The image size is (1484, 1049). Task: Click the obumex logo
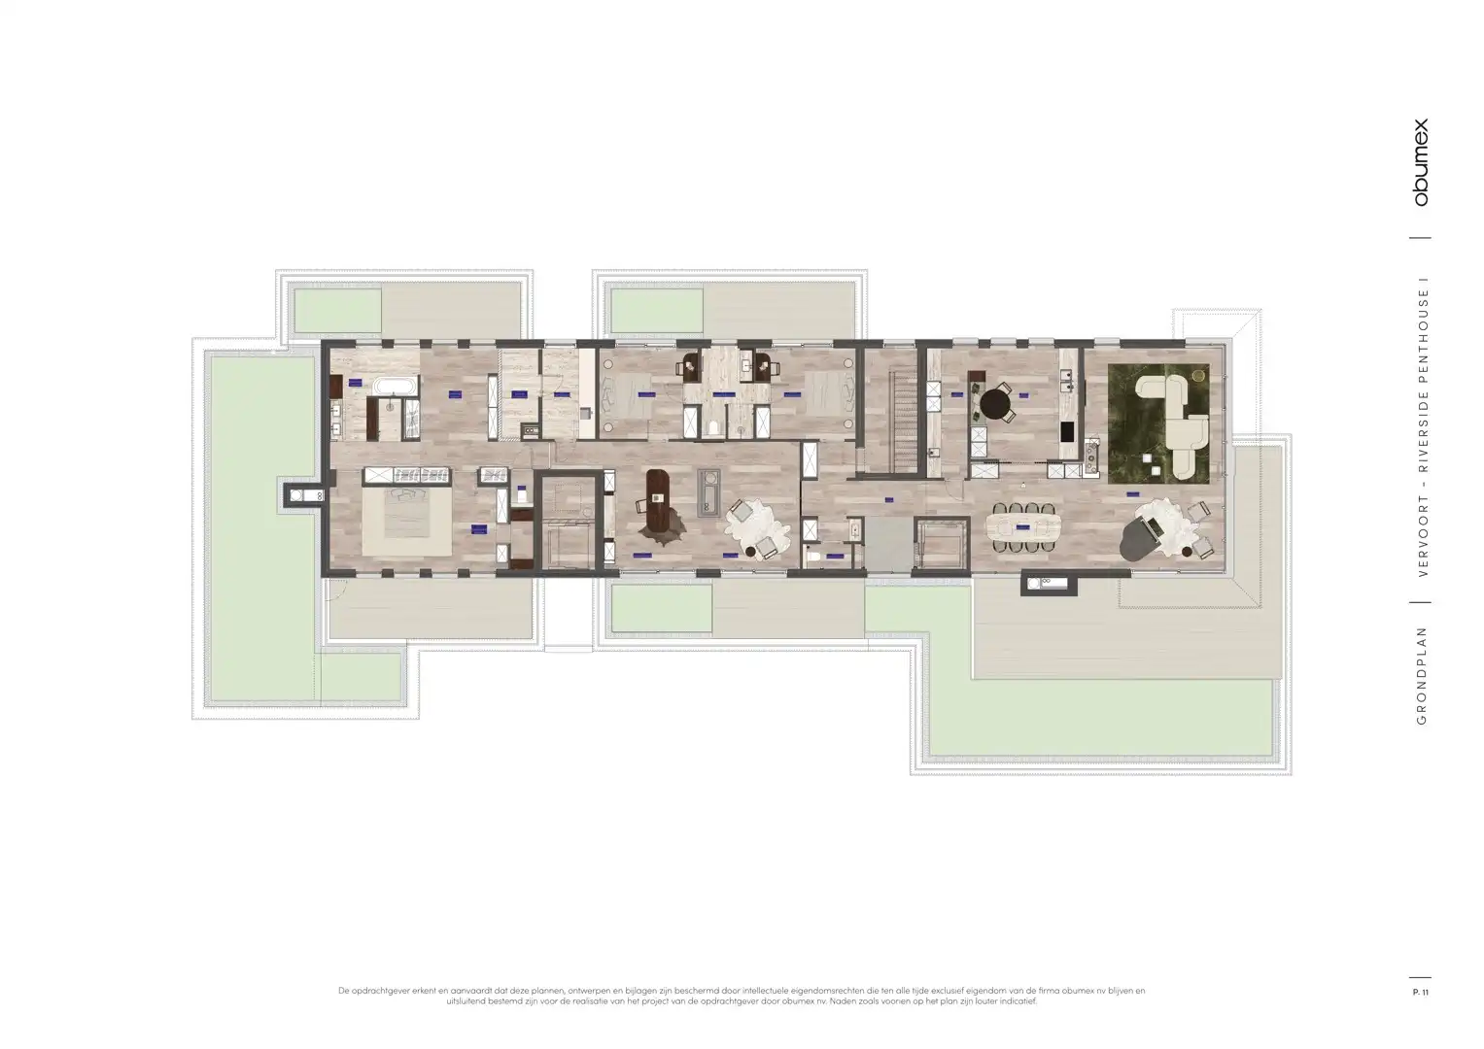pos(1421,162)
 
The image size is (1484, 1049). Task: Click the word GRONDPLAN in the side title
pos(1421,676)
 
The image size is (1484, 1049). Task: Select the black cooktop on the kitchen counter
pos(1067,431)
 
